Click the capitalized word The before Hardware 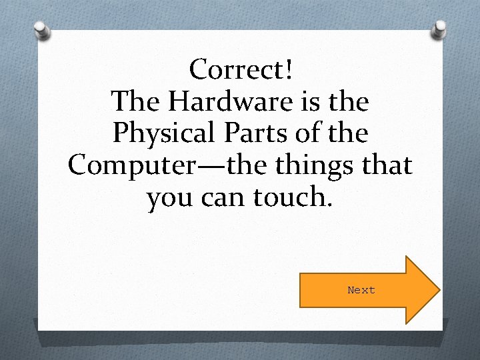pos(135,101)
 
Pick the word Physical pos(166,134)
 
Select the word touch pos(290,198)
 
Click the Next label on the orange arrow pos(361,290)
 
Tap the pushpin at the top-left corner pos(42,31)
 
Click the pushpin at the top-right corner pos(439,29)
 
